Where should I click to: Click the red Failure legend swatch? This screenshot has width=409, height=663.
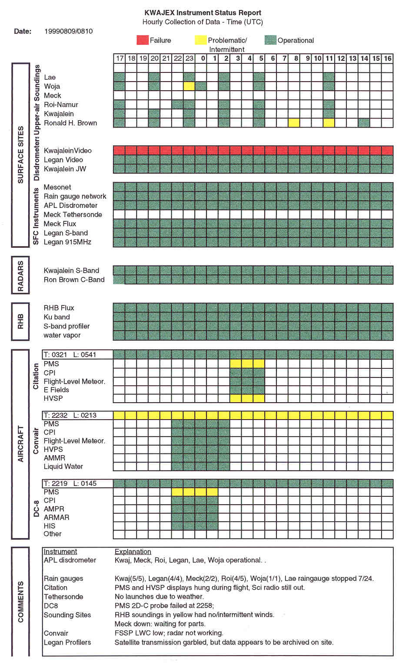tap(143, 40)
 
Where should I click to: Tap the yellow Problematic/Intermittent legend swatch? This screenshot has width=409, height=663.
tap(200, 40)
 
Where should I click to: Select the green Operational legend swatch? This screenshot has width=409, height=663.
tap(270, 40)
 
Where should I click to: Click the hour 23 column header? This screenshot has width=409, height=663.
tap(189, 58)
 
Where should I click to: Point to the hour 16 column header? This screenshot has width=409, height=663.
tap(387, 58)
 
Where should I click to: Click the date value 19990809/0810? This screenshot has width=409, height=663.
tap(68, 31)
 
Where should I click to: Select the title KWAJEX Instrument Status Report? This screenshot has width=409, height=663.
tap(203, 13)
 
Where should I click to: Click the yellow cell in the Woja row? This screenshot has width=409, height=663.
tap(189, 86)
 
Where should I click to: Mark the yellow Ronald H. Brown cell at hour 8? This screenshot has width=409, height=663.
tap(294, 123)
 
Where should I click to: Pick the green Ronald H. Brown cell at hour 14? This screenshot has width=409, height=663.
tap(364, 123)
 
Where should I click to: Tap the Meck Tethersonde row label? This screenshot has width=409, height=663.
tap(73, 214)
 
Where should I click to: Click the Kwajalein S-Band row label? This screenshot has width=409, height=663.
tap(71, 270)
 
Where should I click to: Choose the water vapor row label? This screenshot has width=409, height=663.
tap(62, 335)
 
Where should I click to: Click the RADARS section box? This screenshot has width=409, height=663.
tap(20, 275)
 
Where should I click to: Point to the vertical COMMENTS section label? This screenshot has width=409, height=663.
tap(20, 602)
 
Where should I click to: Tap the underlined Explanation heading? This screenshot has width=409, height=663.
tap(133, 551)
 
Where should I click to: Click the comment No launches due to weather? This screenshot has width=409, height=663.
tap(159, 597)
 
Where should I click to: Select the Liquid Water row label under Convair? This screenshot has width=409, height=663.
tap(63, 466)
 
